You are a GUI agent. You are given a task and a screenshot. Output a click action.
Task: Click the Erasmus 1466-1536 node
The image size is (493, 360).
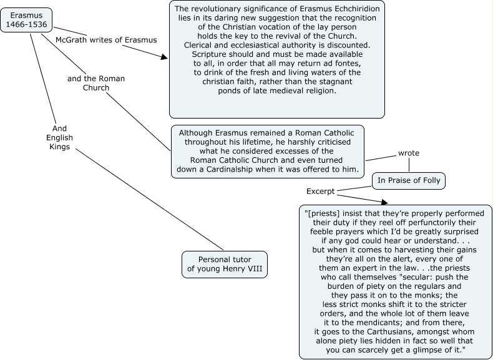click(x=26, y=19)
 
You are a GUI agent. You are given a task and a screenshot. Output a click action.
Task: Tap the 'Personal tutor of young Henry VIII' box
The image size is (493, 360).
click(x=225, y=264)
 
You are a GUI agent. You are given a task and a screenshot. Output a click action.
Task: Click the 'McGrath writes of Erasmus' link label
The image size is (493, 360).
click(x=106, y=39)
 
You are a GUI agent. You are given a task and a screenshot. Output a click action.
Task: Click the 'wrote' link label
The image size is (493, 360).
click(x=409, y=152)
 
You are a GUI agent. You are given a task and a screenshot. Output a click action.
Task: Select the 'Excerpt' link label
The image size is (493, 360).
click(x=321, y=190)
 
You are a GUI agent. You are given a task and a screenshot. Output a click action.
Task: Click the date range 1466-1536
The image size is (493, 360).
click(x=26, y=24)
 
